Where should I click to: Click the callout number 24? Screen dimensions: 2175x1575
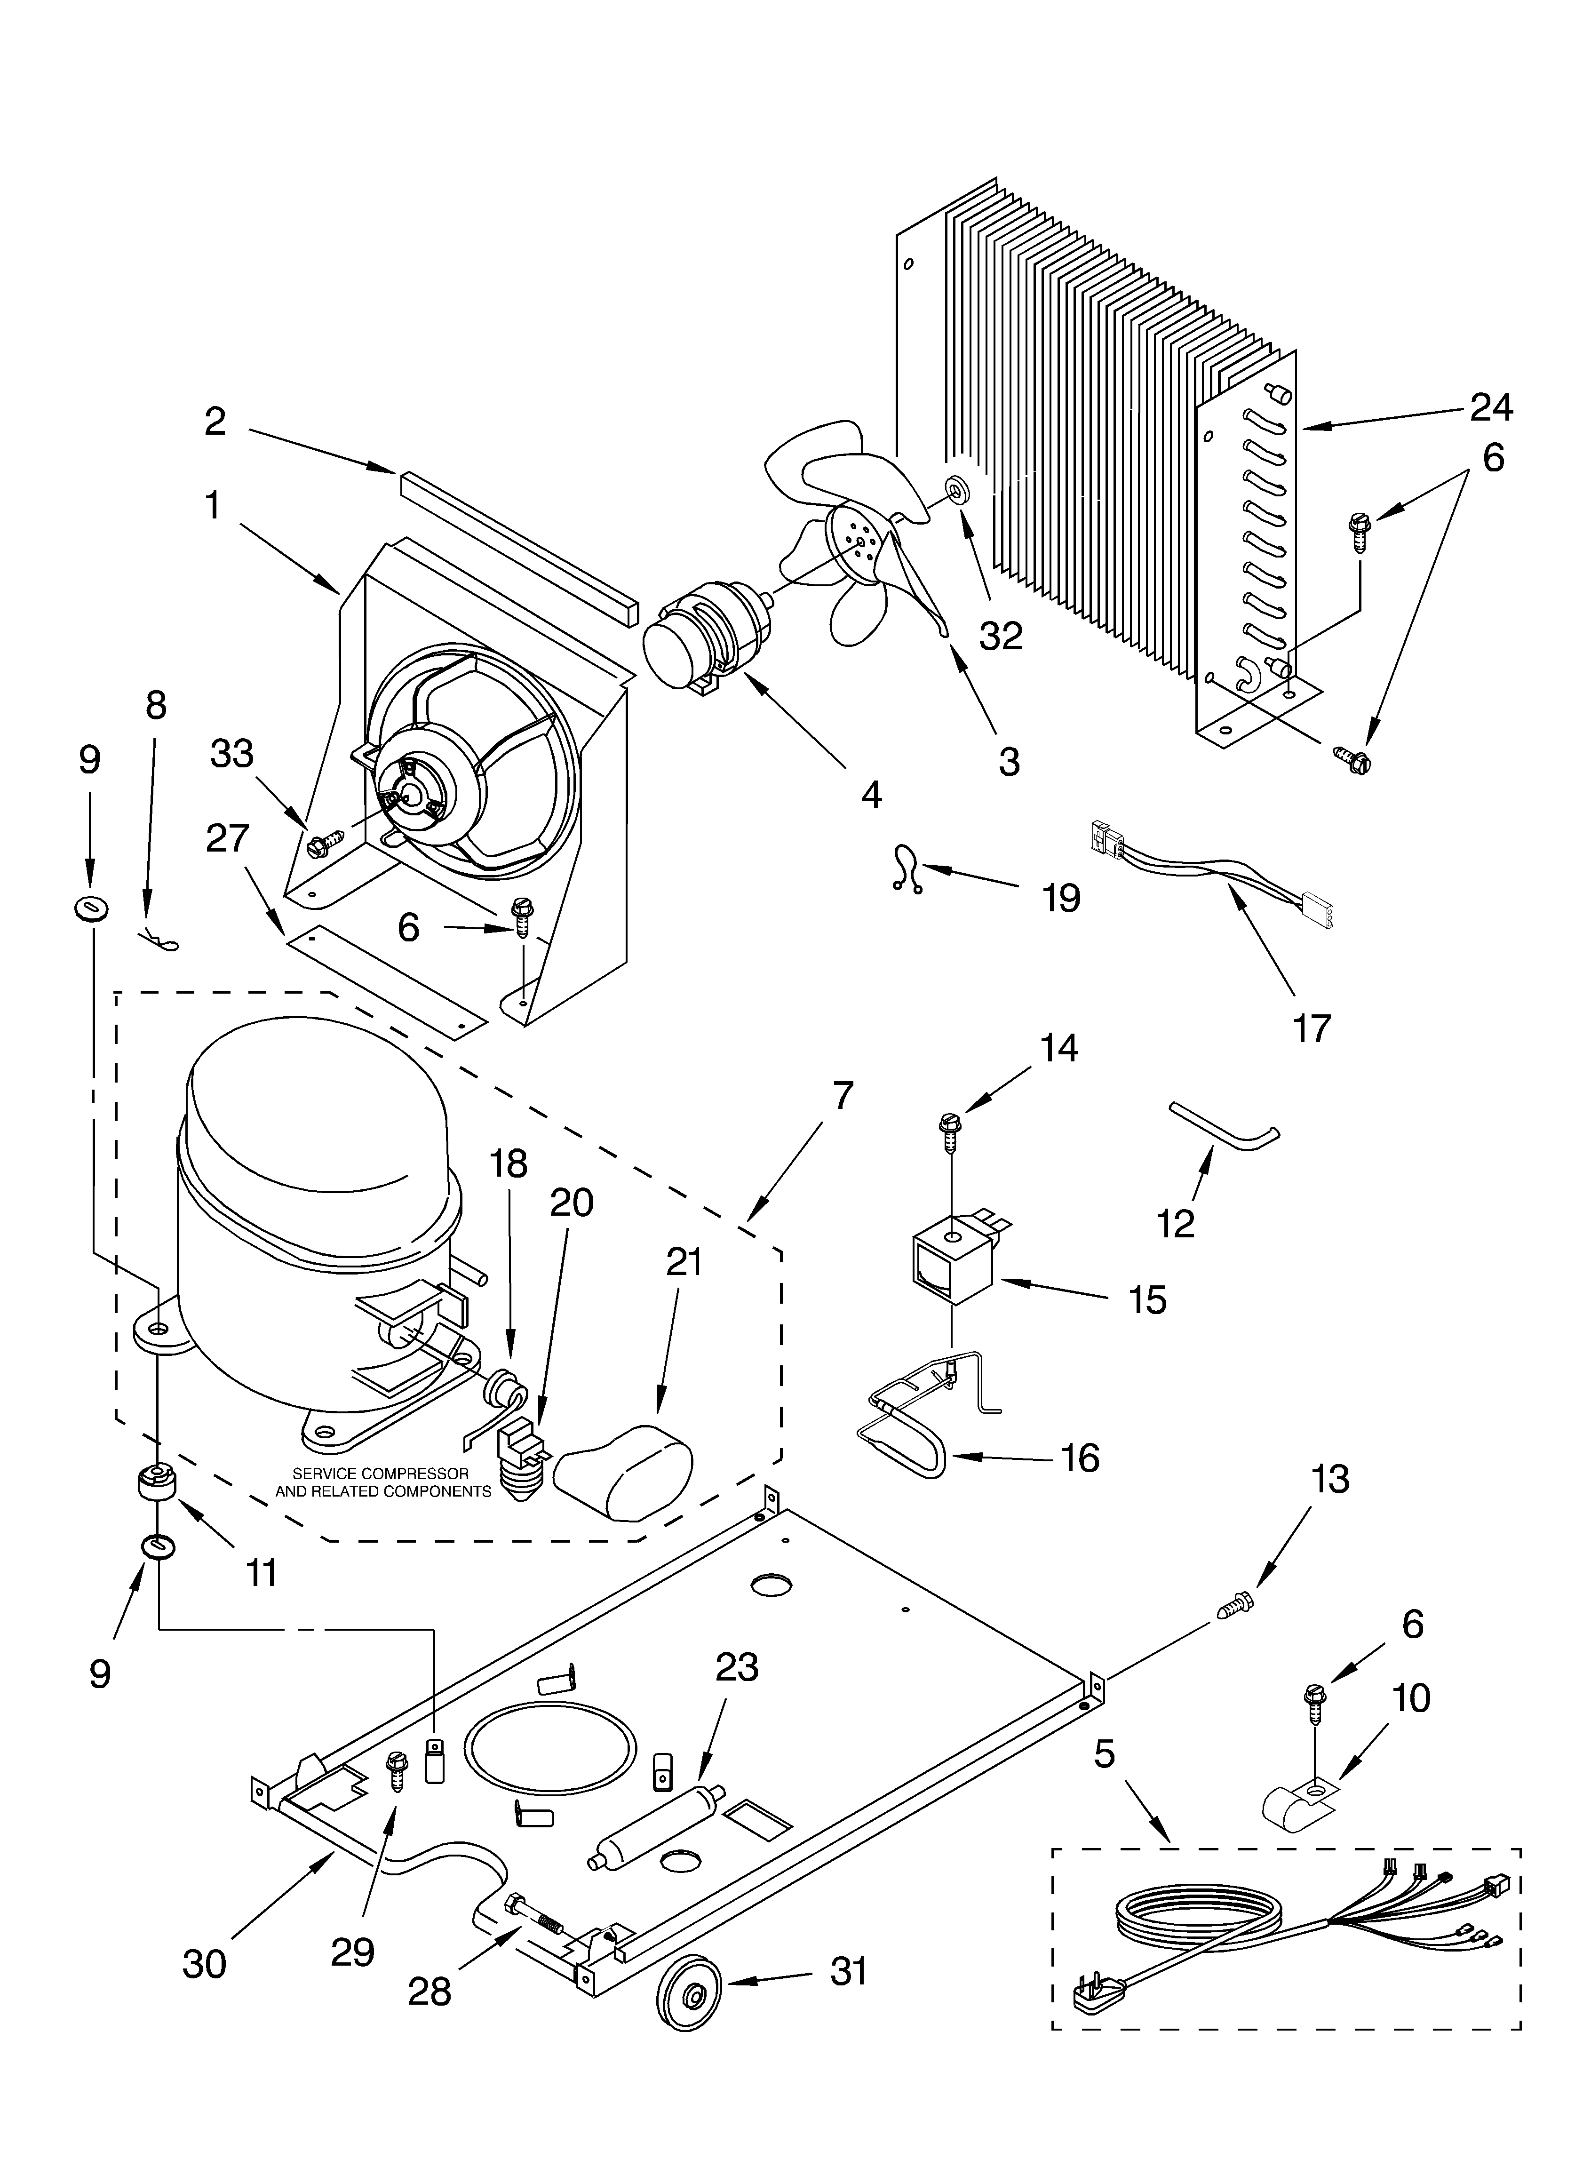pyautogui.click(x=1492, y=407)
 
